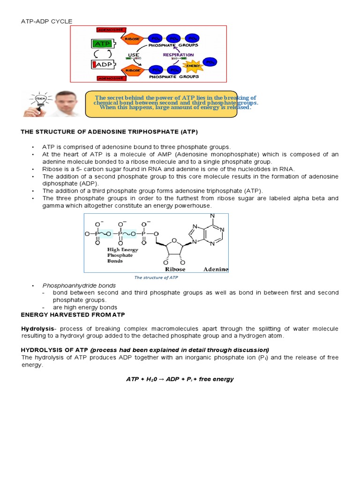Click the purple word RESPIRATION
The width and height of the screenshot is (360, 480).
pos(178,55)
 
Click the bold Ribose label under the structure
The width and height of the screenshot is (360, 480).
pos(175,269)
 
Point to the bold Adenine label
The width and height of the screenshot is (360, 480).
pos(216,269)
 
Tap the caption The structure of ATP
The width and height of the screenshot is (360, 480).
pos(156,277)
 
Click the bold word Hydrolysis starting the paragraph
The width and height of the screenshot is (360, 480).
pos(37,329)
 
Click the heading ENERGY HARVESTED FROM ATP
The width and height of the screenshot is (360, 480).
pos(73,314)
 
